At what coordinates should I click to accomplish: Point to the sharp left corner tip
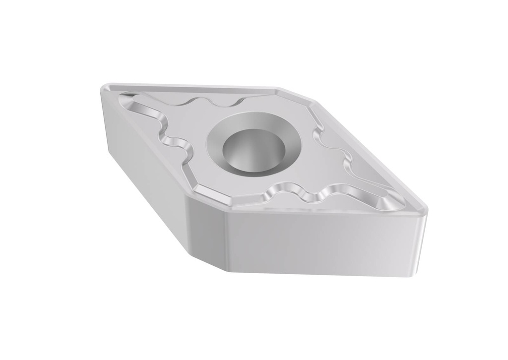(102, 89)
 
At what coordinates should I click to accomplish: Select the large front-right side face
(317, 243)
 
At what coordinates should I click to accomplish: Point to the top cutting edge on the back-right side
(367, 144)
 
